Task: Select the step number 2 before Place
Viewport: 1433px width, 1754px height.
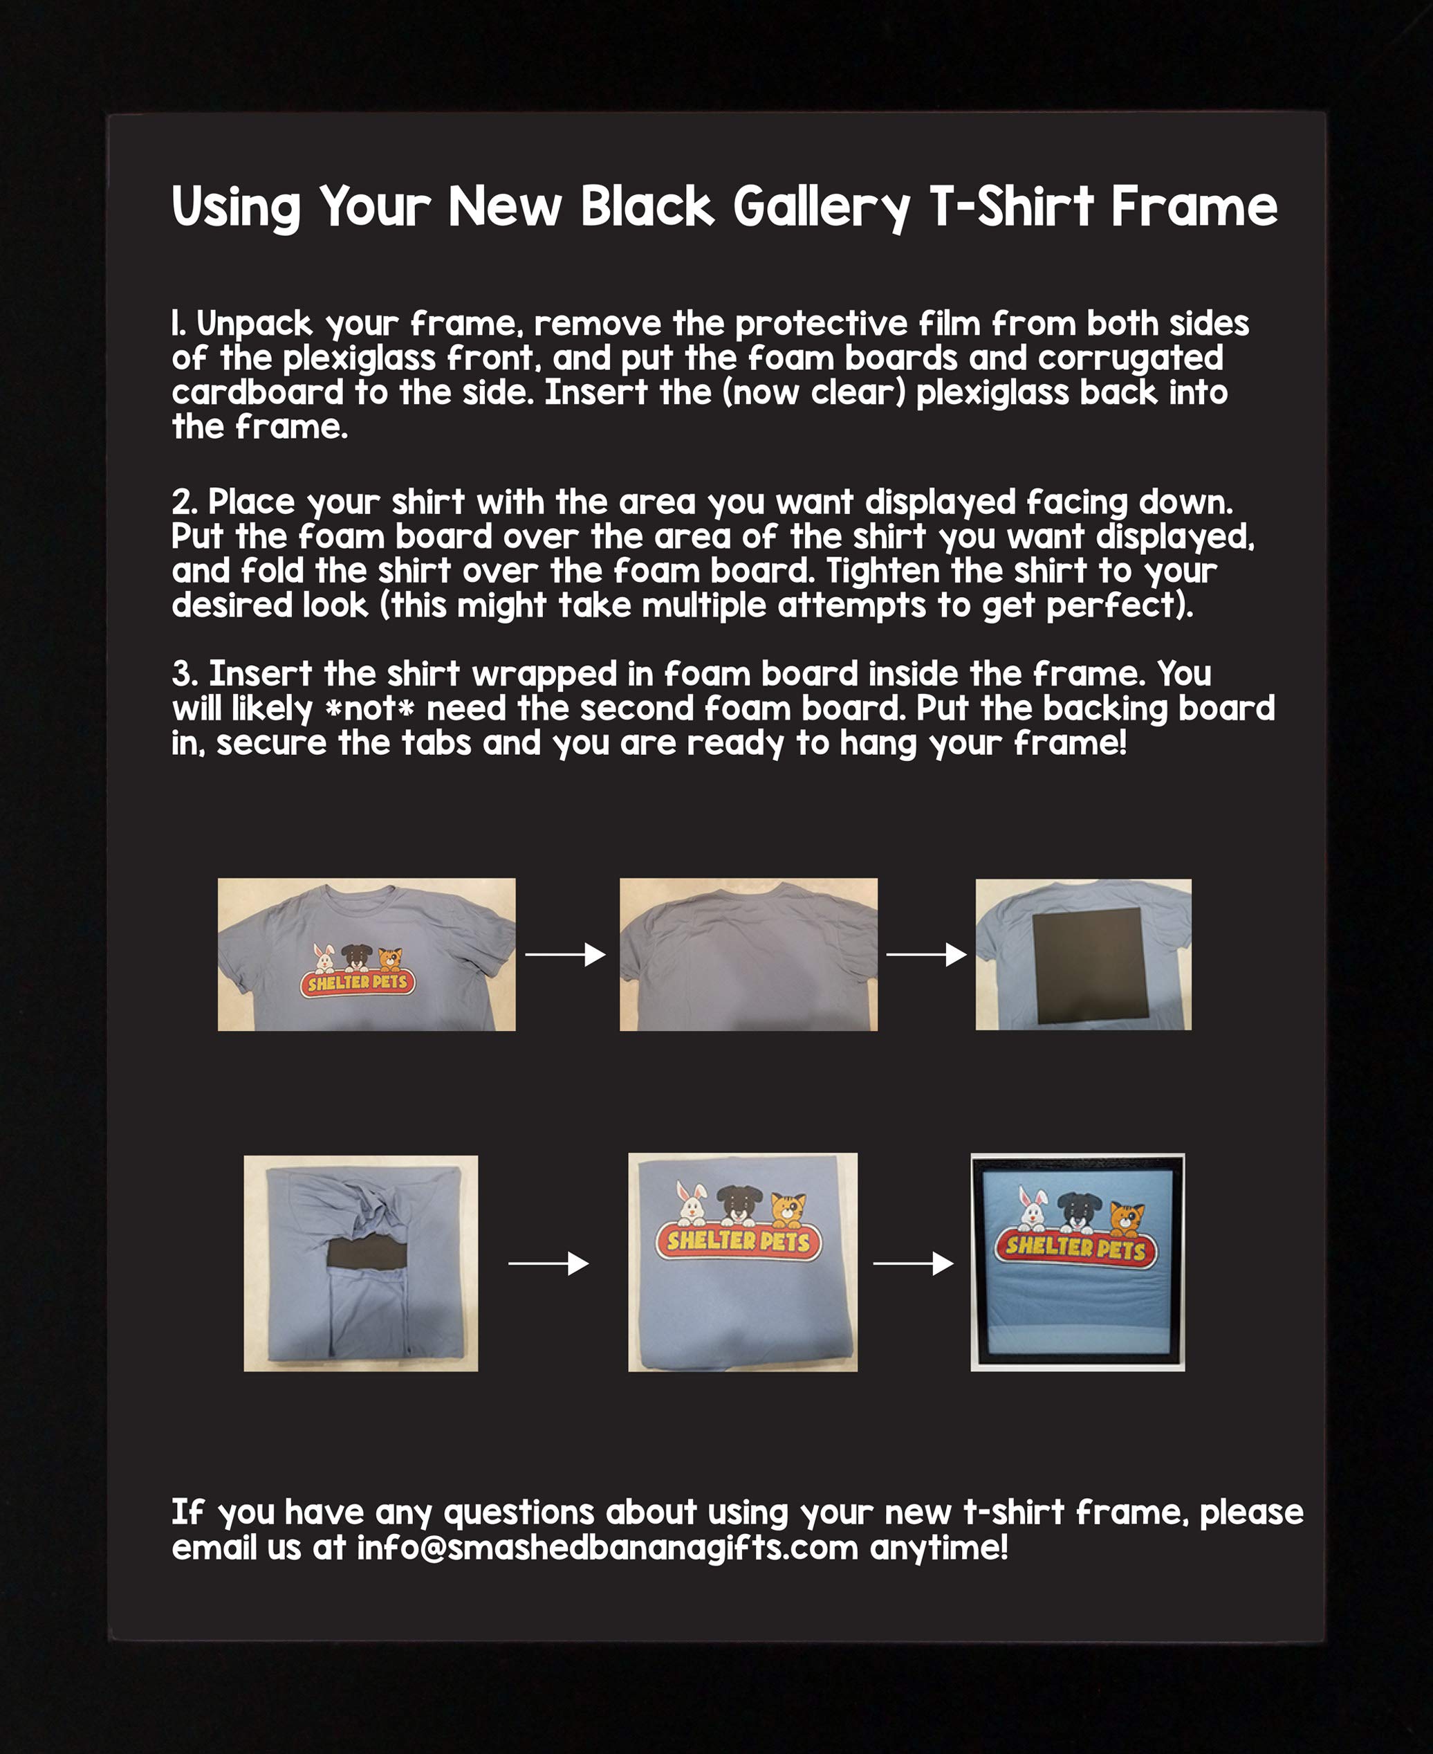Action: [182, 503]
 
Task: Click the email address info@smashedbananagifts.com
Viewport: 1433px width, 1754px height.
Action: [607, 1548]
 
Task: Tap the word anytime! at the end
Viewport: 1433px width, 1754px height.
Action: [939, 1548]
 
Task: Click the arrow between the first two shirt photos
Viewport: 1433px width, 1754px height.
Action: [566, 955]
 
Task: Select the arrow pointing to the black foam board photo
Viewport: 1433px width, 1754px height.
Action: [926, 955]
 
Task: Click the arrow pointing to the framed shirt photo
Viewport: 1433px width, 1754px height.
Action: [913, 1263]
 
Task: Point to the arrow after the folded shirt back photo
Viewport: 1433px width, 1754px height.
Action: [548, 1263]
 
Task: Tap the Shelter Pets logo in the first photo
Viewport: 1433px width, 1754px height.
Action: [357, 981]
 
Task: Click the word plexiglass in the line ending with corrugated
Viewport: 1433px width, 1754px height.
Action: [358, 358]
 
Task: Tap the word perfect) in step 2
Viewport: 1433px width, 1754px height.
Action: [1119, 606]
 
